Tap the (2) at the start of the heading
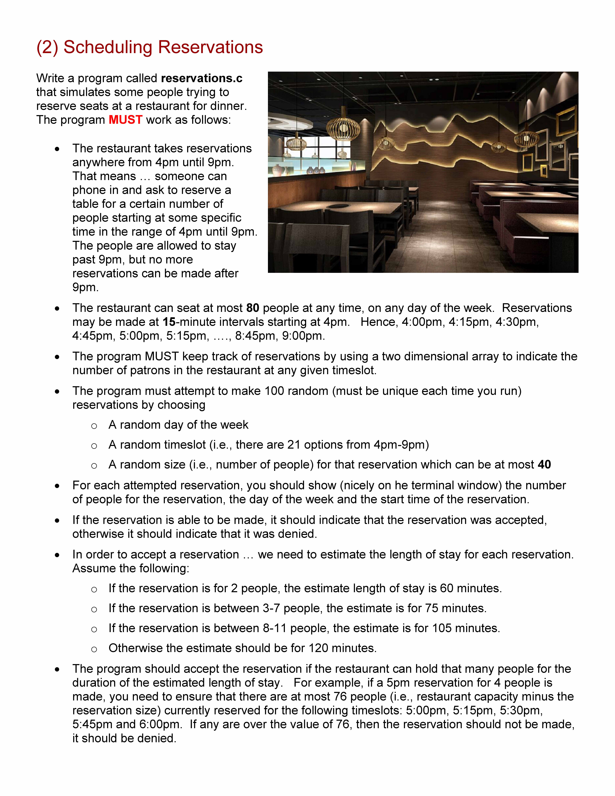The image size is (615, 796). pyautogui.click(x=47, y=47)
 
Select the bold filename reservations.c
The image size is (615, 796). pyautogui.click(x=201, y=78)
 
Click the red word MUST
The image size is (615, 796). pyautogui.click(x=125, y=120)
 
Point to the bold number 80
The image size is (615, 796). pyautogui.click(x=252, y=308)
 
